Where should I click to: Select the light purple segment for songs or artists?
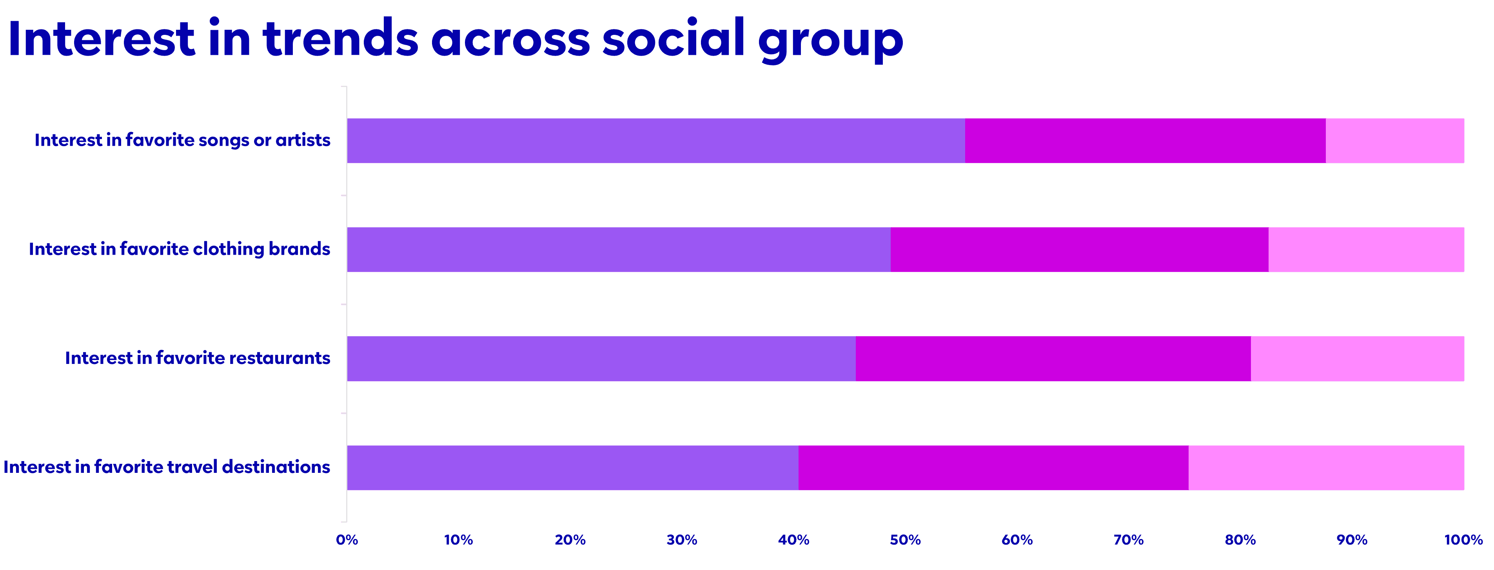tap(656, 141)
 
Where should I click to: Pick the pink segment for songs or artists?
tap(1394, 141)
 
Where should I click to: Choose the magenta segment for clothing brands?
tap(1079, 249)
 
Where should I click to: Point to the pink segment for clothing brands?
tap(1366, 249)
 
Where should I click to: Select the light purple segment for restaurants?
tap(601, 358)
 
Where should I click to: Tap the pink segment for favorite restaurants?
tap(1357, 358)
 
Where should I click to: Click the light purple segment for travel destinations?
tap(572, 467)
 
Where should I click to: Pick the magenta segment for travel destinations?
tap(993, 467)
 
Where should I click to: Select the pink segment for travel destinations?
tap(1326, 467)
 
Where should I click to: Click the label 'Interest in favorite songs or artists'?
tap(182, 140)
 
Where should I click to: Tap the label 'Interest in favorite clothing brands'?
tap(179, 249)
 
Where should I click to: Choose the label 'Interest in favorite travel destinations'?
tap(167, 467)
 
